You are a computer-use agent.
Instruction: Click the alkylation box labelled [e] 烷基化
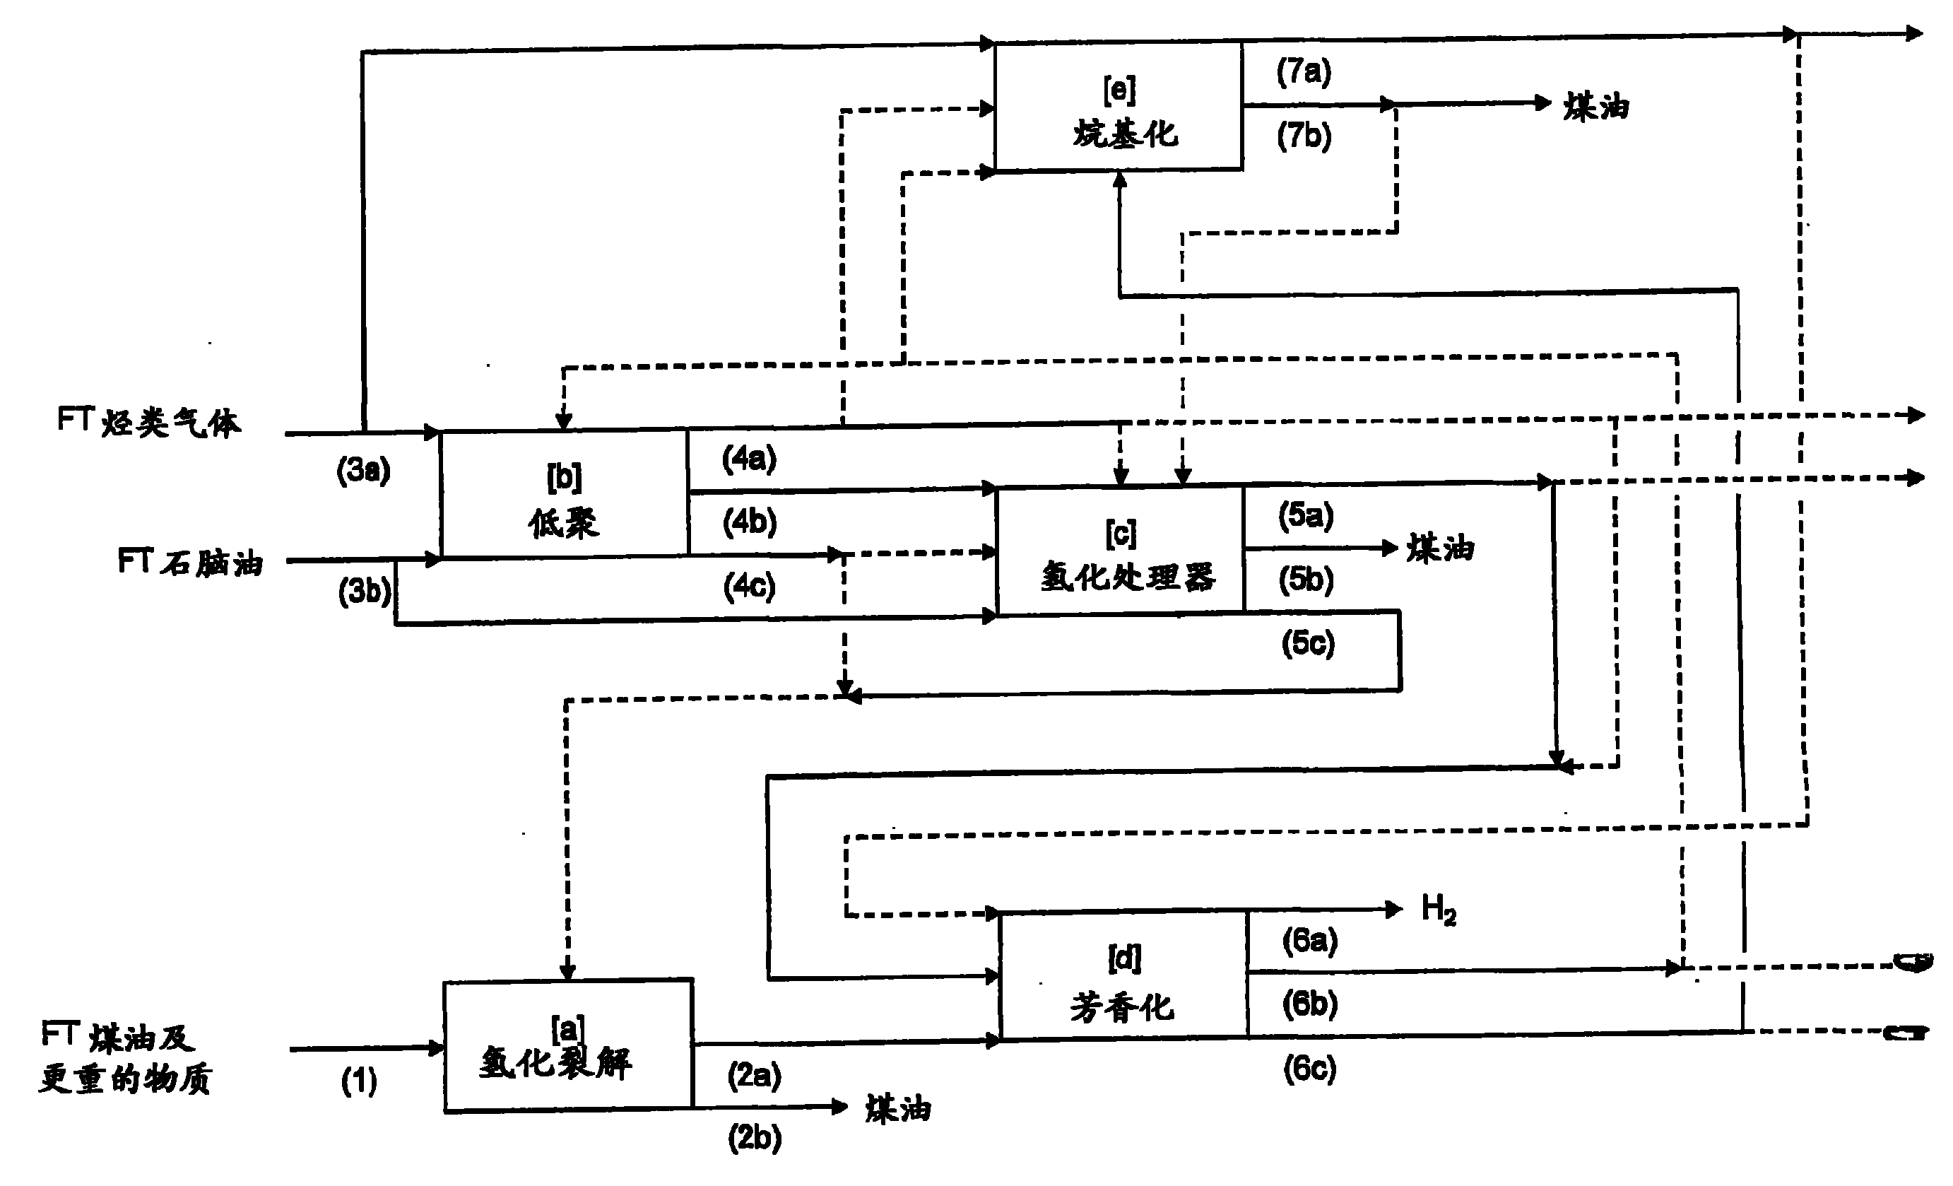1119,106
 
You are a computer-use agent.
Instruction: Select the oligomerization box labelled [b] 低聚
565,495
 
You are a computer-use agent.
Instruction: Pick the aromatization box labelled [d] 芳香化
1124,977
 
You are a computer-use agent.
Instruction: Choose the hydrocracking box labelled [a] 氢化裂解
567,1047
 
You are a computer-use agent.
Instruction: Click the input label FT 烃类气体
148,421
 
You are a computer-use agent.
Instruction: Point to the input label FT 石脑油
190,562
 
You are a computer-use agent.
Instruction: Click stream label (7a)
1304,71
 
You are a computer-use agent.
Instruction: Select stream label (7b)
1304,136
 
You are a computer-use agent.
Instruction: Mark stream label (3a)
363,470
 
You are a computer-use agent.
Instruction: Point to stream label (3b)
365,591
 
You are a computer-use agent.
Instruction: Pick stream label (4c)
749,587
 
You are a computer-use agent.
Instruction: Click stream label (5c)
1308,642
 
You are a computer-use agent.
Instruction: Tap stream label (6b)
1309,1004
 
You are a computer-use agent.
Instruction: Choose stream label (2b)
754,1138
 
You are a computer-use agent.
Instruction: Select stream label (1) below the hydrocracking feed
358,1081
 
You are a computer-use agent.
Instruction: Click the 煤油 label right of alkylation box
1595,106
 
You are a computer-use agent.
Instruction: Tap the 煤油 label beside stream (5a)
1439,548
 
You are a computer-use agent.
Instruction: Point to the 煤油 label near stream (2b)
897,1108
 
